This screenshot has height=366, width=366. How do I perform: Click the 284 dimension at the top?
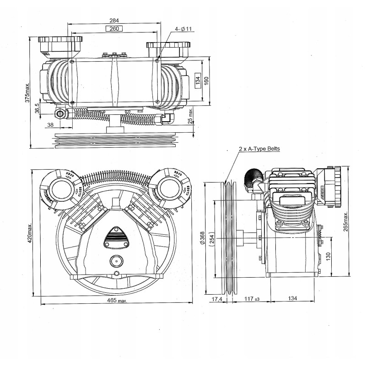(114, 20)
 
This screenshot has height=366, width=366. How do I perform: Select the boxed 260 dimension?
(114, 28)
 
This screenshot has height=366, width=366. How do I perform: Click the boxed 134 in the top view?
(198, 81)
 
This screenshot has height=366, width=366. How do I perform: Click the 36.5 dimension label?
(37, 108)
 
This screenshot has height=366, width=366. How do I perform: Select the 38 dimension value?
(50, 124)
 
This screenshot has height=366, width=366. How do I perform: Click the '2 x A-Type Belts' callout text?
(259, 149)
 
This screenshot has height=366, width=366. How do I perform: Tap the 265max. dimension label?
(346, 221)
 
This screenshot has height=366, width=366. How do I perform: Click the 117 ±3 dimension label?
(251, 299)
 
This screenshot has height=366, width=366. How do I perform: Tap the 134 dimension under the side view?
(292, 299)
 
